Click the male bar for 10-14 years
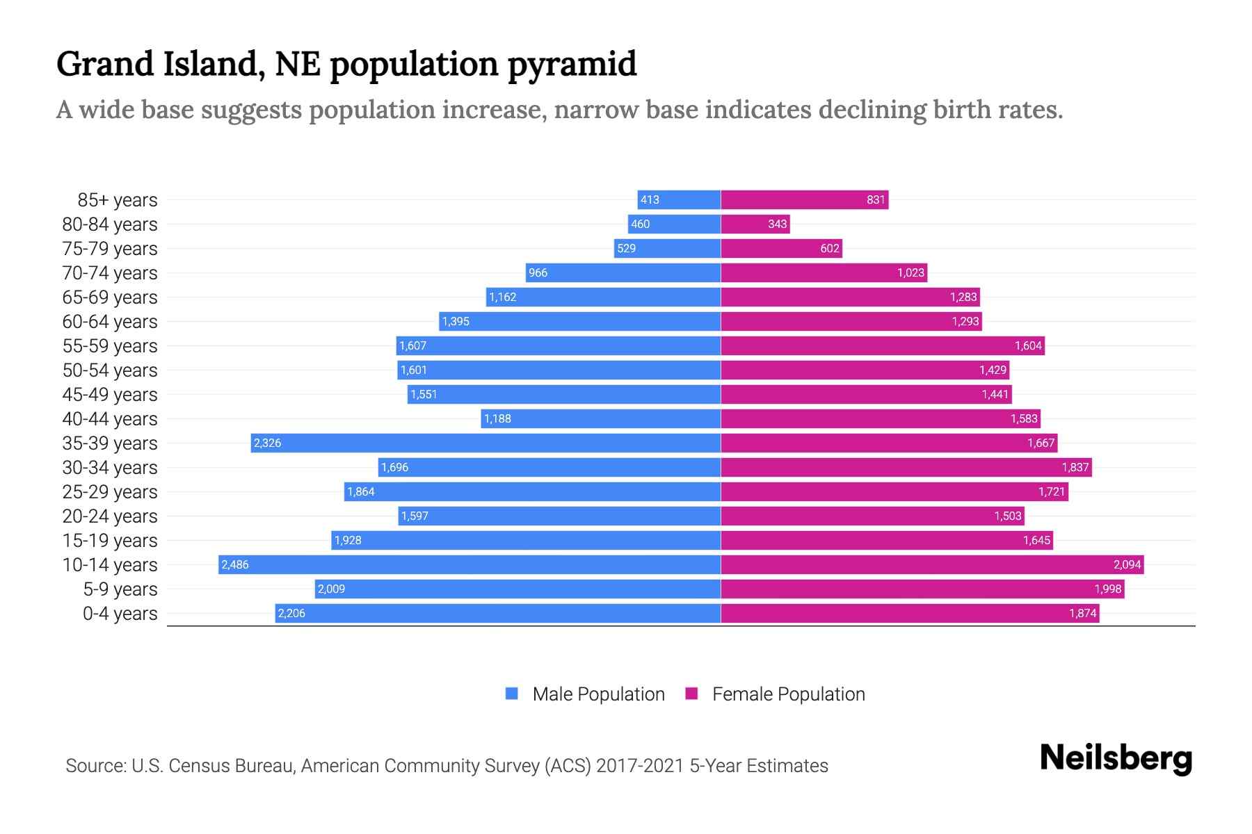pos(469,564)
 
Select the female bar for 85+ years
pos(804,199)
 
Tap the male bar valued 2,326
pos(485,443)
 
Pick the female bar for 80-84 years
pos(755,224)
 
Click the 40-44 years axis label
pos(110,419)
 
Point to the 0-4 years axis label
pos(120,614)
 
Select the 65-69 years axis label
pos(110,297)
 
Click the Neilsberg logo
pos(1116,758)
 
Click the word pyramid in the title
pos(572,65)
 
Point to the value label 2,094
pos(1127,564)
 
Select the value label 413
pos(650,199)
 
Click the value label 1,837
pos(1075,467)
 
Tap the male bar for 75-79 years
pos(667,248)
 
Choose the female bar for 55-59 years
pos(882,345)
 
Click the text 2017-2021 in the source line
pos(640,766)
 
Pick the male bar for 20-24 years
pos(559,516)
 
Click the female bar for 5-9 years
pos(922,589)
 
